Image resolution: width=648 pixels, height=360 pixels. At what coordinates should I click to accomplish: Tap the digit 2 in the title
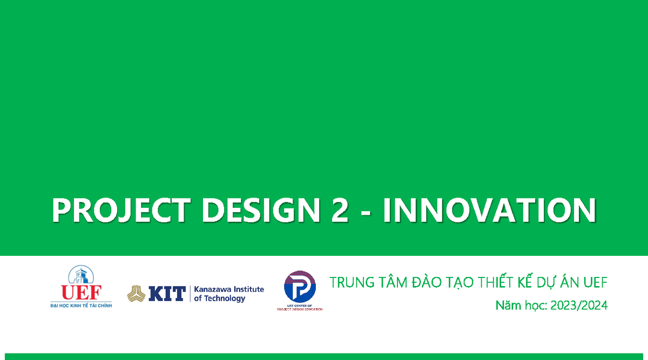point(339,211)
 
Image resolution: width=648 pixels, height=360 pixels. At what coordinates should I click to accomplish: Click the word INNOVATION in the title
point(489,211)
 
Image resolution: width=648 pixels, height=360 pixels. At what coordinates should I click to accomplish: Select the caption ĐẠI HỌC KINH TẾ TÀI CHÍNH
point(81,305)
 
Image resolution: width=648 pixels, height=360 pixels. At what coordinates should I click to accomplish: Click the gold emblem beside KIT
point(136,294)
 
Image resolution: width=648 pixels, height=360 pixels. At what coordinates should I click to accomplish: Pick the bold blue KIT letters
point(166,294)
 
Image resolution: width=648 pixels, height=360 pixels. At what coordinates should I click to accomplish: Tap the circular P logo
point(300,287)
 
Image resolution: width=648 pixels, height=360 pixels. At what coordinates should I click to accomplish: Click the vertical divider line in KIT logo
point(190,294)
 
